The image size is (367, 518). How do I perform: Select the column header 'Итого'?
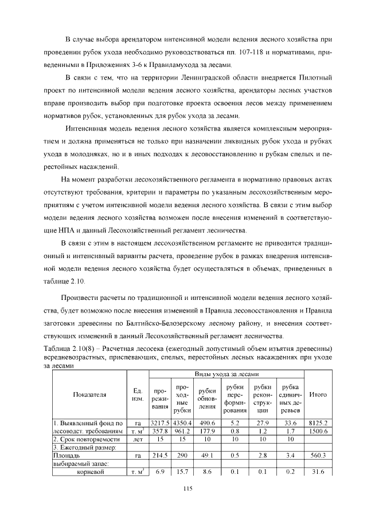coord(318,394)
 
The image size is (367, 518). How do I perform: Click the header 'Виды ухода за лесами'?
coord(226,373)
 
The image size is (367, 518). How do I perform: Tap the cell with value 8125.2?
coord(318,423)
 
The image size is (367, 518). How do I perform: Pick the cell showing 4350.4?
coord(182,423)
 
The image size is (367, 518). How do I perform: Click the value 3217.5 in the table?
coord(160,423)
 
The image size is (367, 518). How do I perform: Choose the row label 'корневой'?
coord(89,472)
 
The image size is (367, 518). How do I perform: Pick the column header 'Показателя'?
coord(89,394)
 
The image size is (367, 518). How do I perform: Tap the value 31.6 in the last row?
coord(318,472)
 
